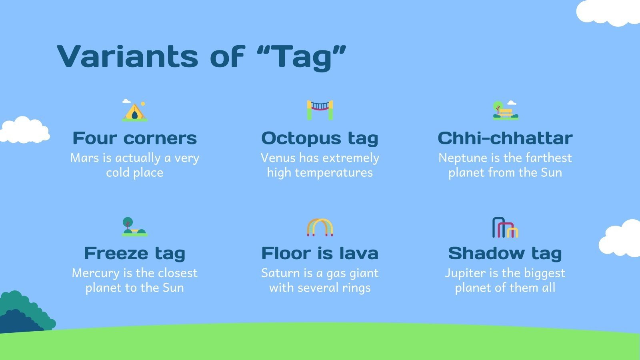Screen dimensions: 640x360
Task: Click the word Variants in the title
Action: [x=128, y=56]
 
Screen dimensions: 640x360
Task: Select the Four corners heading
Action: [x=134, y=138]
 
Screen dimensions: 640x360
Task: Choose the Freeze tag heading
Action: [x=134, y=254]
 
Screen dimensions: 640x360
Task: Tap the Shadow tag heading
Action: [x=505, y=254]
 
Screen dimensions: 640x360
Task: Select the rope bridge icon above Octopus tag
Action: [x=320, y=110]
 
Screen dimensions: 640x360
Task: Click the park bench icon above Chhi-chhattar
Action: [x=506, y=110]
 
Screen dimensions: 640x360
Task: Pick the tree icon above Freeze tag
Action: [x=134, y=226]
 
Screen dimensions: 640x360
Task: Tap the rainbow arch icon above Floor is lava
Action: [x=320, y=227]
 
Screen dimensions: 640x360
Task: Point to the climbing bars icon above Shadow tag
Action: [x=505, y=228]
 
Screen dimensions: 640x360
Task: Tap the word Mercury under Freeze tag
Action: [x=96, y=274]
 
